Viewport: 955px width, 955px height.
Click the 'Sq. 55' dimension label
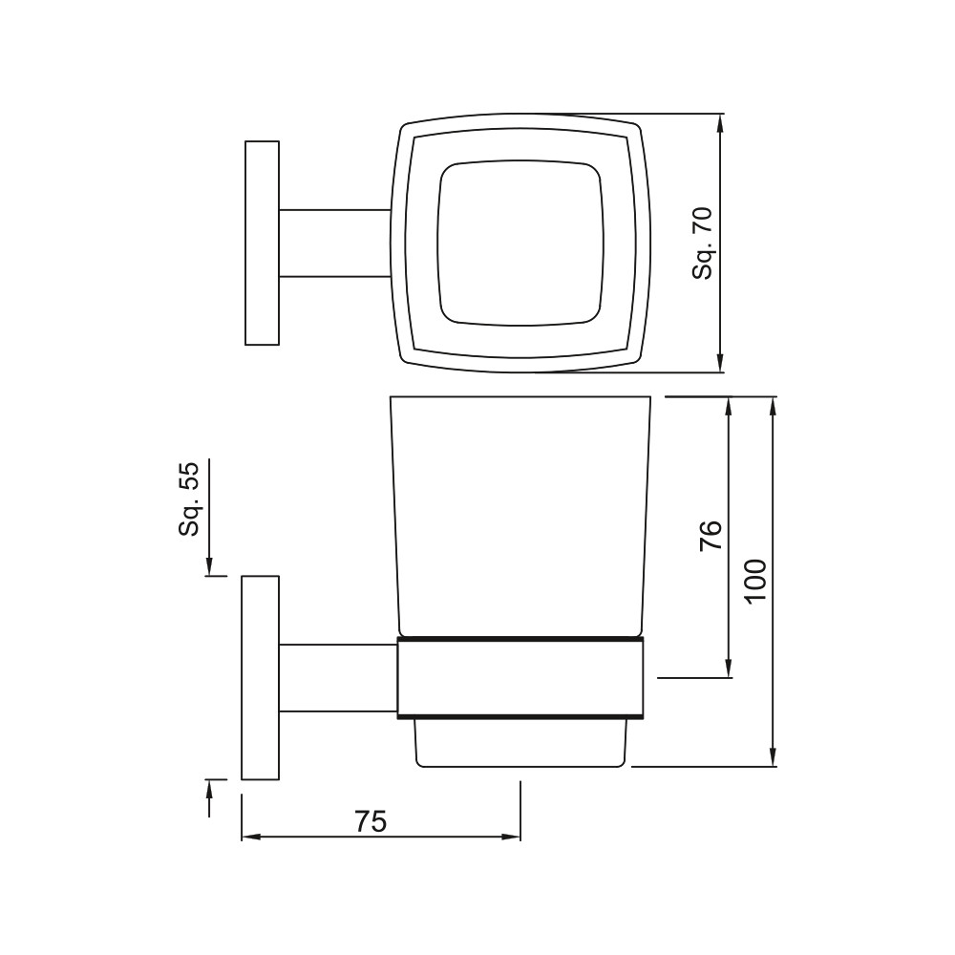[x=189, y=499]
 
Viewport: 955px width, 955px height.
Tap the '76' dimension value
[x=711, y=536]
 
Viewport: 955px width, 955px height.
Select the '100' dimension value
[x=755, y=581]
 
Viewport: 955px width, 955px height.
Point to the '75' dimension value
[x=371, y=821]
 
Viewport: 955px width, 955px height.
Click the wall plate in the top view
[x=262, y=243]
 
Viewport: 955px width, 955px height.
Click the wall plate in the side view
[x=260, y=677]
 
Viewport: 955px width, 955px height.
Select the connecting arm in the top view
[x=334, y=243]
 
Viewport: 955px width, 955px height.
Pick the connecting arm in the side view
[x=338, y=677]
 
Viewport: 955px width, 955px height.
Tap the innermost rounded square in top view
[x=438, y=244]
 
